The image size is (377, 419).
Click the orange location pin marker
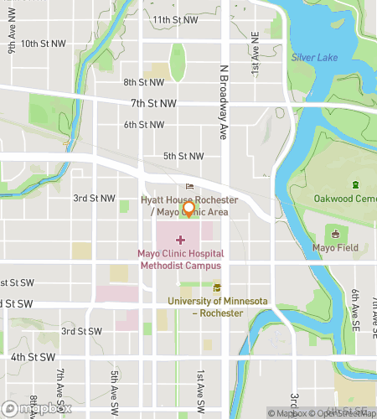click(188, 209)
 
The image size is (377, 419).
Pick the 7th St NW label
click(154, 103)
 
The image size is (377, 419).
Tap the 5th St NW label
click(183, 156)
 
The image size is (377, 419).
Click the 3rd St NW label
click(94, 199)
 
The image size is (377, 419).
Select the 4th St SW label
click(28, 357)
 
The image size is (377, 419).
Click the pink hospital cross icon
click(180, 241)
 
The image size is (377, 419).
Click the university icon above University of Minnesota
click(217, 288)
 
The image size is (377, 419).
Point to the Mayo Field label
click(336, 248)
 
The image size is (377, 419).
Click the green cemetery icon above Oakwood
click(355, 184)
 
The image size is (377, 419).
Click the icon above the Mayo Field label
click(336, 234)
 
